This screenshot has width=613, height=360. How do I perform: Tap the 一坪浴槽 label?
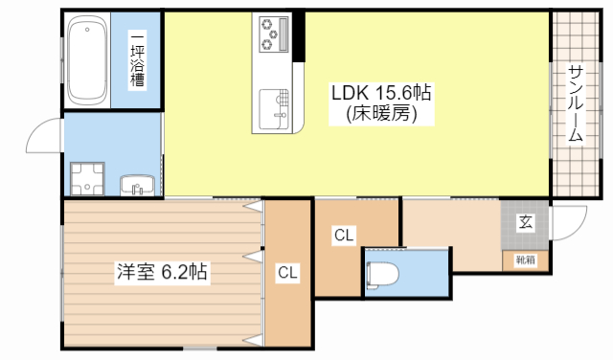coord(137,60)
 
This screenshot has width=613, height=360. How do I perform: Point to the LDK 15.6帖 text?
coord(380,93)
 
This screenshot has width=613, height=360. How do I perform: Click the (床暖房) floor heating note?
coord(381,114)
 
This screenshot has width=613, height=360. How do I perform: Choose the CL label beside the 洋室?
coord(287,273)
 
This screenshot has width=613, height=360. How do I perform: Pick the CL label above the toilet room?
coord(345,234)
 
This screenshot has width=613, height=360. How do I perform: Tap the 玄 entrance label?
coord(526,222)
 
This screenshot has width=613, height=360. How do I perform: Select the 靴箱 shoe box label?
coord(526,259)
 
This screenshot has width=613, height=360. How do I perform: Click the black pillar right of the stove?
coord(299,35)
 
